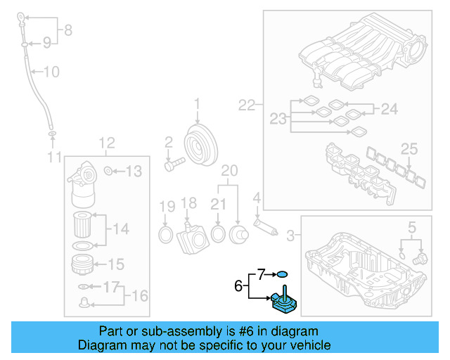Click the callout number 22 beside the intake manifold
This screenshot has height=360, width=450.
click(247, 105)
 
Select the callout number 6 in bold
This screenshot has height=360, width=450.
click(239, 285)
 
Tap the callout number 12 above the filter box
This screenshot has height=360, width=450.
click(105, 143)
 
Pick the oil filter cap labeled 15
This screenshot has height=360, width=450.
click(83, 265)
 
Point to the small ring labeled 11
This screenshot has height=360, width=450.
click(51, 132)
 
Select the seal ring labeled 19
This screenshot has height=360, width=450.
click(166, 233)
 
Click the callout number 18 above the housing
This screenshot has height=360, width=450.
click(188, 203)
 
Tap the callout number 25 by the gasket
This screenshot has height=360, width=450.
click(409, 148)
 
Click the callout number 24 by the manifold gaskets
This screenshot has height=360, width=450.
click(389, 108)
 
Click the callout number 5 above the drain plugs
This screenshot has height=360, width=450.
click(412, 226)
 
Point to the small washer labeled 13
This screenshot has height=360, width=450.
click(108, 170)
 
